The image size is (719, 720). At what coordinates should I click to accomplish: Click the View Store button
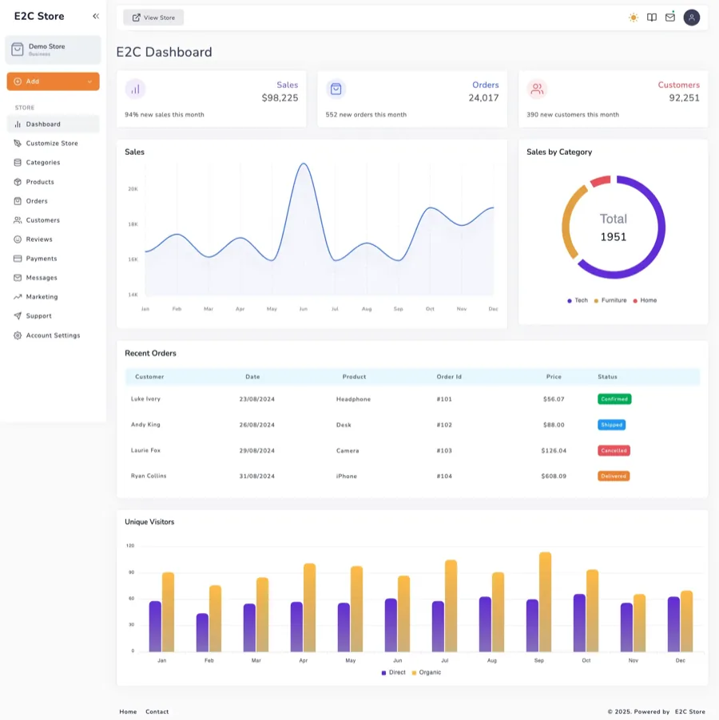pos(153,18)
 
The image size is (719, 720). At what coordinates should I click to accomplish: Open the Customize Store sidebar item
pos(52,144)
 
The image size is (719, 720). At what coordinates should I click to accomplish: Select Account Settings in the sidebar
pos(53,335)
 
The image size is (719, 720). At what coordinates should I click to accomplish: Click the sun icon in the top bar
pos(634,18)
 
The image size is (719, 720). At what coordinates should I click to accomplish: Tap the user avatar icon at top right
pos(692,18)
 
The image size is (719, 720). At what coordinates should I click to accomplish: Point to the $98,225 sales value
pos(280,98)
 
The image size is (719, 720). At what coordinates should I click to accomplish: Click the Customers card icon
pos(538,89)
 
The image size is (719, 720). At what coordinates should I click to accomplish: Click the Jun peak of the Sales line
pos(303,164)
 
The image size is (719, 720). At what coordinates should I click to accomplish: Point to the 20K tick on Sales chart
pos(133,189)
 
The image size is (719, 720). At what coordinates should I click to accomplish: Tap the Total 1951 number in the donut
pos(614,237)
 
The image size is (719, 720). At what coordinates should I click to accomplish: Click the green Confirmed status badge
pos(614,399)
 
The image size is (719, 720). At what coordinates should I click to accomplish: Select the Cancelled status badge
pos(614,450)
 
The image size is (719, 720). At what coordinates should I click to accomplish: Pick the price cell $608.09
pos(554,476)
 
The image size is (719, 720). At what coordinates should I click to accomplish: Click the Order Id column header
pos(449,377)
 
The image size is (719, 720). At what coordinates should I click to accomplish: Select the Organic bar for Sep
pos(545,602)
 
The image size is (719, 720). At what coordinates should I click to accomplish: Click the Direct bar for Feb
pos(202,632)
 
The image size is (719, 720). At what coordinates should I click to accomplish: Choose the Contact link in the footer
pos(157,711)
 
